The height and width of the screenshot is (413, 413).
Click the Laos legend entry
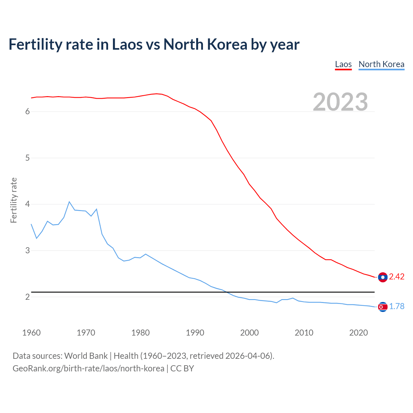(343, 64)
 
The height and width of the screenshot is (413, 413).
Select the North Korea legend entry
(381, 64)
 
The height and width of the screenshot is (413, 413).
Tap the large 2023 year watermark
(340, 102)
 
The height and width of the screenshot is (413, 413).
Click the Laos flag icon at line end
(383, 277)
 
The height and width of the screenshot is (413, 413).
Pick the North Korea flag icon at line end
(383, 307)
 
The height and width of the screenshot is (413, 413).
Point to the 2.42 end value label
(397, 277)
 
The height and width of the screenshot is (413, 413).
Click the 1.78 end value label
(397, 307)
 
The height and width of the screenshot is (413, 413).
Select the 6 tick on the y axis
(27, 112)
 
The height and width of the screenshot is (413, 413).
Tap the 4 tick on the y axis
(27, 204)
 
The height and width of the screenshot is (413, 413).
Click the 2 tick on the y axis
(27, 297)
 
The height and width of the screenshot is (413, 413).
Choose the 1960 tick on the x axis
(31, 333)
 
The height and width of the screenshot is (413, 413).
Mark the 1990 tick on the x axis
(195, 333)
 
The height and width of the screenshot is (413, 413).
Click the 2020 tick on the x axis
(358, 333)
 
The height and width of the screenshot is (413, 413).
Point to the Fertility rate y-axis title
(14, 200)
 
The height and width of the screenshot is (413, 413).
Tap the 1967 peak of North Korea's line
(69, 202)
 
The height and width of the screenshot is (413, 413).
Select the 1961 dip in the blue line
(36, 238)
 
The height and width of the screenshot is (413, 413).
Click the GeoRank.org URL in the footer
(88, 368)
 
